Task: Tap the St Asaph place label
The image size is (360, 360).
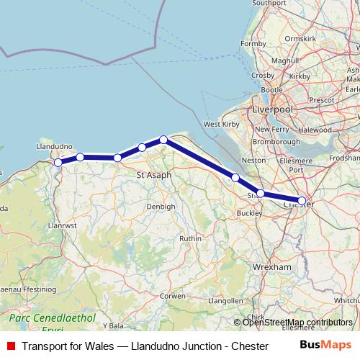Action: (x=152, y=174)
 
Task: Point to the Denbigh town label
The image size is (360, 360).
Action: (x=161, y=207)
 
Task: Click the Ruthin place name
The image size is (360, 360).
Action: (x=190, y=238)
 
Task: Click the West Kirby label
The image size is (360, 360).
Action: (x=222, y=125)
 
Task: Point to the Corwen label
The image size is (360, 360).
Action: (x=173, y=295)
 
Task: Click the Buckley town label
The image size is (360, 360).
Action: (x=249, y=214)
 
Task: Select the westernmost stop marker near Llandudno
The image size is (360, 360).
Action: (x=58, y=163)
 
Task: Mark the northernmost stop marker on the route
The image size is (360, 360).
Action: (x=163, y=140)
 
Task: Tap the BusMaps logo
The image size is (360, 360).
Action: (x=325, y=345)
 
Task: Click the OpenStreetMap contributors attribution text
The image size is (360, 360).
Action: (x=297, y=323)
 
